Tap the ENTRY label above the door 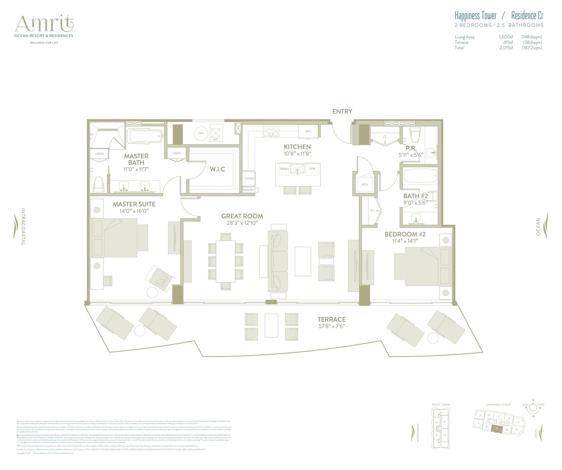(x=342, y=112)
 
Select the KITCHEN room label (x=297, y=147)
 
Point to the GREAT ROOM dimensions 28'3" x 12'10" (x=242, y=223)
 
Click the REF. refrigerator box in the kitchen (x=308, y=131)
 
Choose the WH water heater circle (x=201, y=133)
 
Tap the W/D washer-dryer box (x=364, y=184)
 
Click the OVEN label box (x=250, y=179)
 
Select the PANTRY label (x=249, y=190)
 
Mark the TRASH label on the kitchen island (x=284, y=169)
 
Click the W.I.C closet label (x=217, y=169)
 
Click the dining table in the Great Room (x=226, y=261)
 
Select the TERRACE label (x=331, y=319)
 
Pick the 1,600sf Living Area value (x=506, y=37)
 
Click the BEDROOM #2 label (x=405, y=234)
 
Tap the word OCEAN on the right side (x=538, y=227)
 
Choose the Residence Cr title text (x=527, y=16)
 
